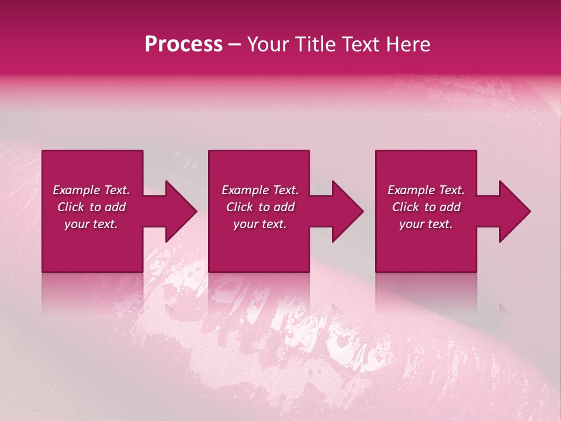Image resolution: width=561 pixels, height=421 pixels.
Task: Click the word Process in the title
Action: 183,44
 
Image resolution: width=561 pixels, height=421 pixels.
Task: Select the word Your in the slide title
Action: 266,44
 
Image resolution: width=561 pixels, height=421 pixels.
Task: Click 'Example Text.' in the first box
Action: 91,190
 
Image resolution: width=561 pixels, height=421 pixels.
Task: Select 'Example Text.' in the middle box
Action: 260,190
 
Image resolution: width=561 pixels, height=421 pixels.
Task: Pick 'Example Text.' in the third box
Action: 426,190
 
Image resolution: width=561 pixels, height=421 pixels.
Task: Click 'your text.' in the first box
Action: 91,224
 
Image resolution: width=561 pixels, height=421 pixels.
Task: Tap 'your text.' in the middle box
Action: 260,224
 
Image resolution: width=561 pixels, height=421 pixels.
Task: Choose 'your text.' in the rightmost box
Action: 426,224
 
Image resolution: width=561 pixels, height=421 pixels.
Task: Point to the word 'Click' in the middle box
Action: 240,207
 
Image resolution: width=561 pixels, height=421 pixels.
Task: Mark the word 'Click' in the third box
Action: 406,207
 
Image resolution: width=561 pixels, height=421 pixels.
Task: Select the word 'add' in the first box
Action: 115,207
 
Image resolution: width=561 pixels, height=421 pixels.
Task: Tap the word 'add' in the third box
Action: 450,207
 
